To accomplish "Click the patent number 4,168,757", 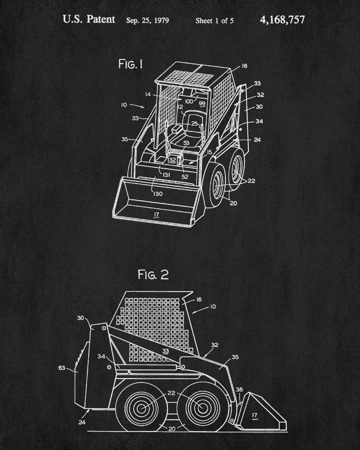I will [x=282, y=19].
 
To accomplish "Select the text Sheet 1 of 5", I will [x=215, y=20].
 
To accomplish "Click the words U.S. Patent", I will [x=89, y=19].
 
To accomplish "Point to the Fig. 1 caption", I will [x=130, y=64].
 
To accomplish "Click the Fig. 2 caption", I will [x=153, y=275].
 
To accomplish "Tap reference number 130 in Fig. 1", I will [x=157, y=193].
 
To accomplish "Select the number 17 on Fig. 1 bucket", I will [x=156, y=215].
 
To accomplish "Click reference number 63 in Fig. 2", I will [x=63, y=368].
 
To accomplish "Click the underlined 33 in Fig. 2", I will [x=166, y=351].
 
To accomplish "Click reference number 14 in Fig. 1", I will [x=148, y=94].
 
